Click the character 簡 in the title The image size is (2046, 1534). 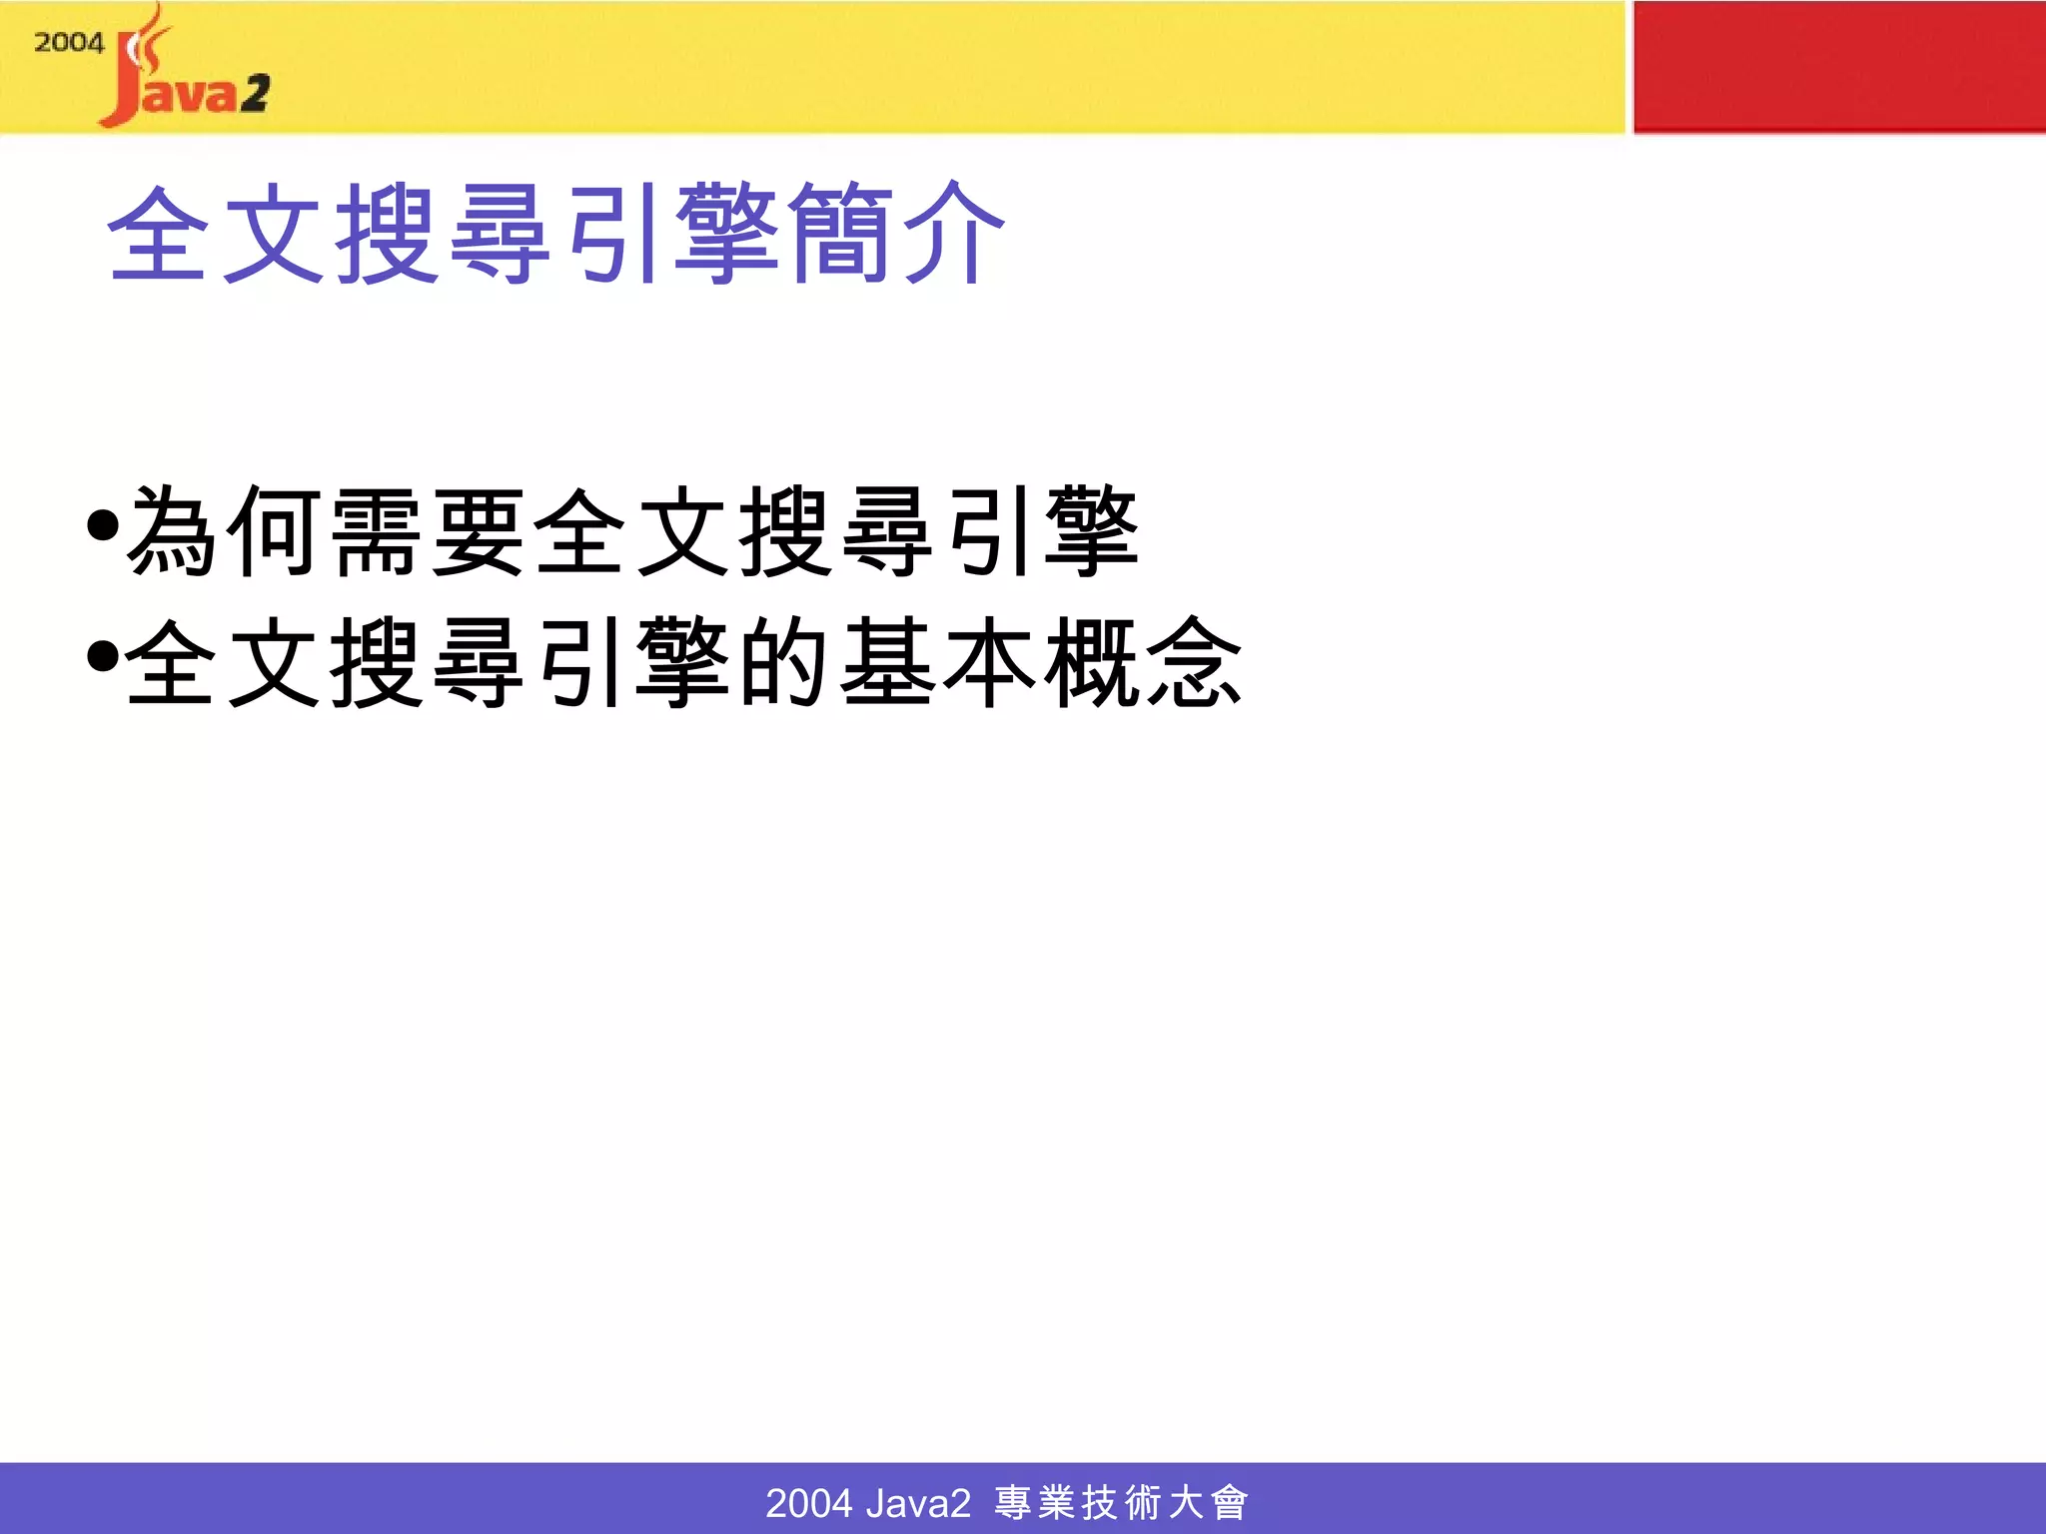point(839,234)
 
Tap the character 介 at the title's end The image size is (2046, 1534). point(954,234)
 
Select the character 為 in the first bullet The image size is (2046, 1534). point(172,531)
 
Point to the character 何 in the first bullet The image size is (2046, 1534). point(275,531)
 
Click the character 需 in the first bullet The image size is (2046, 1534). point(377,531)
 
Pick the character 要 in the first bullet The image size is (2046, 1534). point(480,531)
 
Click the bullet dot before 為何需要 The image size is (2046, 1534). point(103,524)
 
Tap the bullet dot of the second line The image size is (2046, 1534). point(103,656)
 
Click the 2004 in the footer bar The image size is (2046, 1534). point(808,1503)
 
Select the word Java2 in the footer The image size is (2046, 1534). point(918,1503)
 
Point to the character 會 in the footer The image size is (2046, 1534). point(1229,1503)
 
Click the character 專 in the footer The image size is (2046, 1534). point(1013,1503)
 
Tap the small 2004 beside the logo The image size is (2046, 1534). point(69,43)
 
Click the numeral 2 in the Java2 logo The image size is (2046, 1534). point(255,94)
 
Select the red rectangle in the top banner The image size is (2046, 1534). point(1838,66)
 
